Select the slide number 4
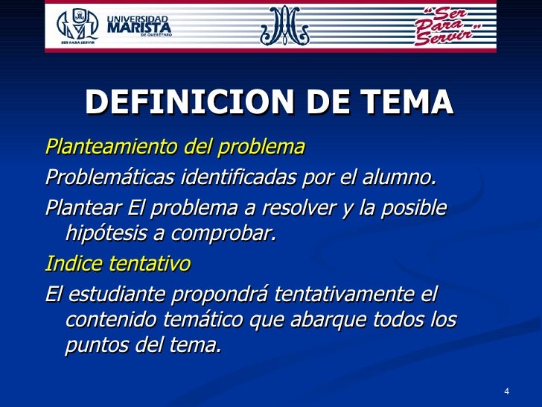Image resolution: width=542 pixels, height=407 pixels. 506,392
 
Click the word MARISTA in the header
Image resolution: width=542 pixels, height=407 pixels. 139,28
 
